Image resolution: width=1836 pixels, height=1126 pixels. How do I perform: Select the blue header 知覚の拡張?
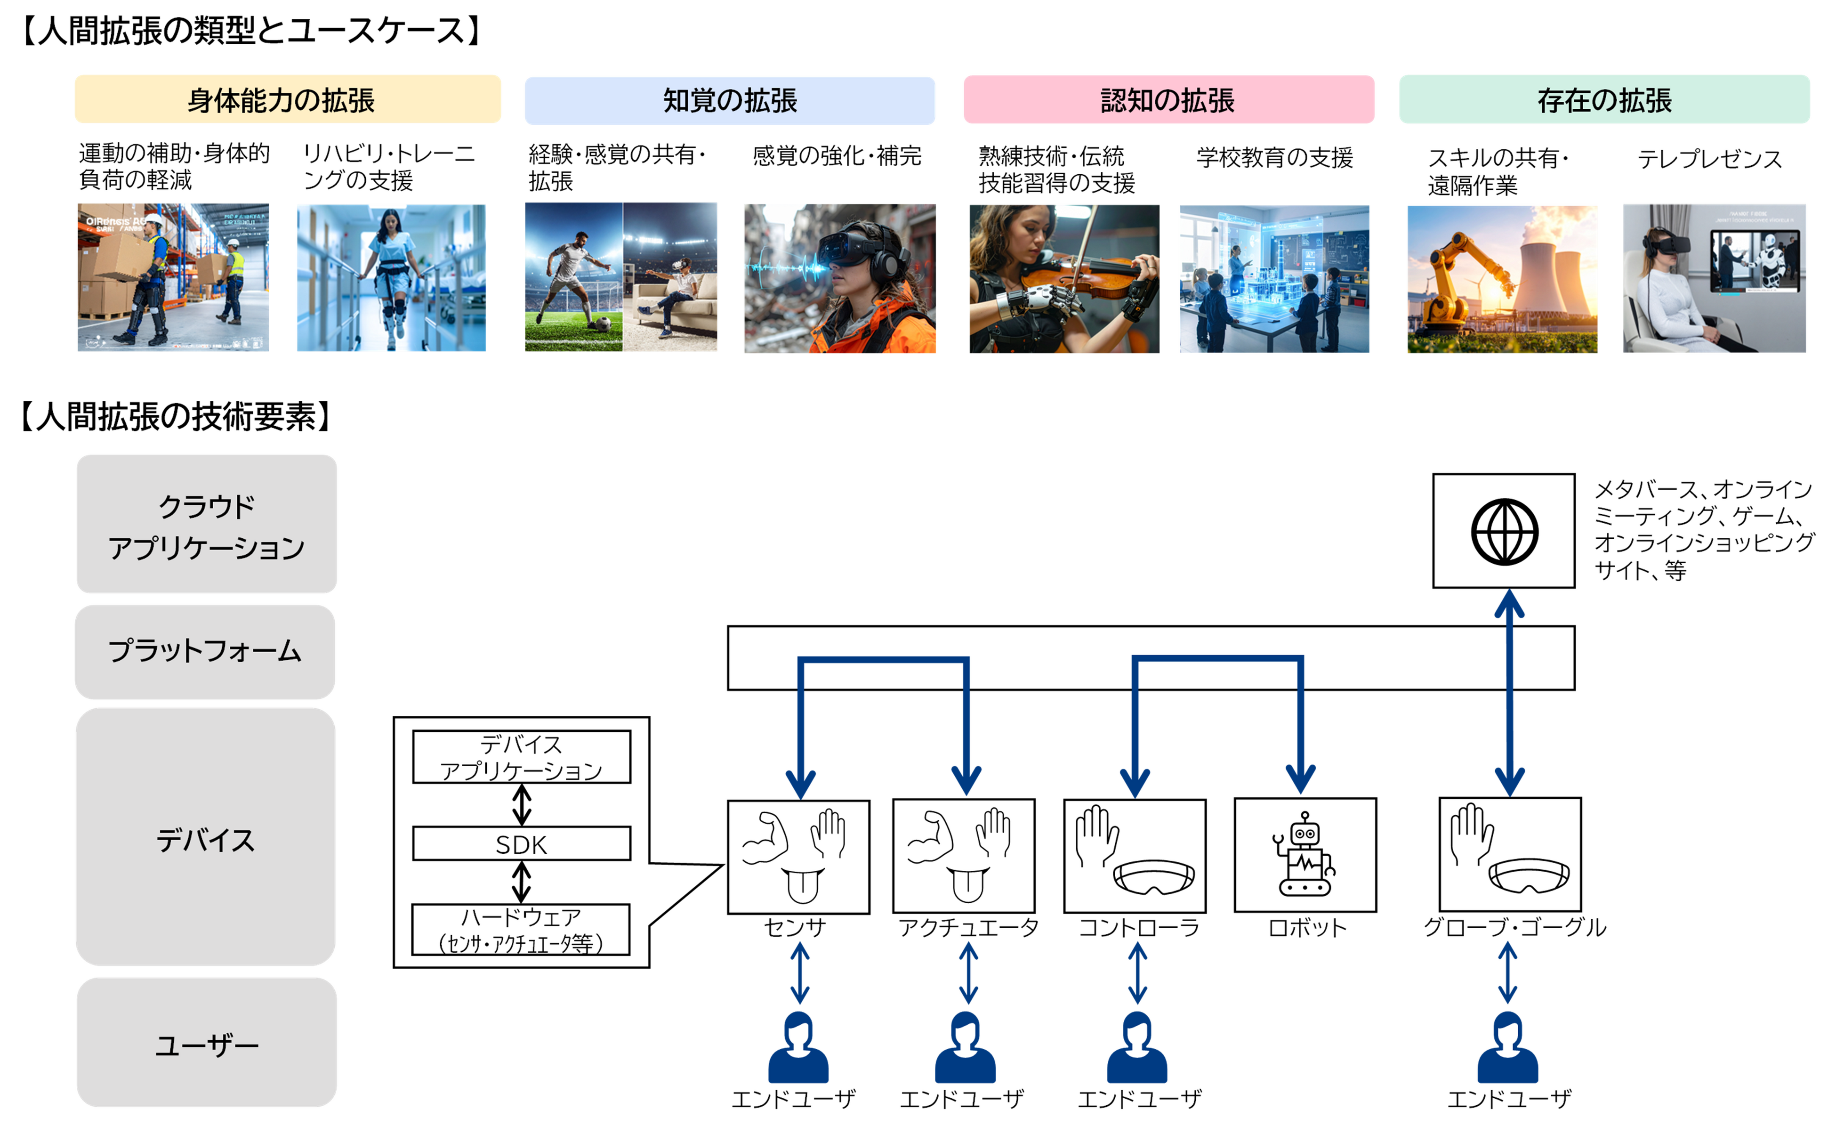(730, 100)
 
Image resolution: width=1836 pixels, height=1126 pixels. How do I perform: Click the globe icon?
(1504, 531)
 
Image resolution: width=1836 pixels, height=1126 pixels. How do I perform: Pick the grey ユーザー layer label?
(206, 1043)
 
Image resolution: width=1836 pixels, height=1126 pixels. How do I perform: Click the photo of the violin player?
(1064, 279)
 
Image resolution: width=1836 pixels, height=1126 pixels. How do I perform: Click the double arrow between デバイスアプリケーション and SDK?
(522, 805)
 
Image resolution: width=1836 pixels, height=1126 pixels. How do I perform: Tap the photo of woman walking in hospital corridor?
(390, 277)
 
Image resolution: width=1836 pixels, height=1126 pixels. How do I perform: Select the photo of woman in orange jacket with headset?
(840, 279)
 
